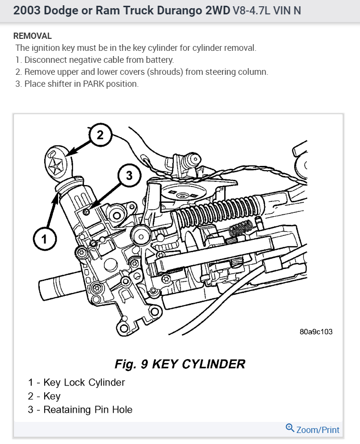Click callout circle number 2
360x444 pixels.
tap(100, 135)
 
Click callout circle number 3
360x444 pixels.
tap(129, 176)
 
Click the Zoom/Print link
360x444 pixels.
tap(318, 430)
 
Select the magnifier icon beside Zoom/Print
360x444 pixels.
tap(289, 428)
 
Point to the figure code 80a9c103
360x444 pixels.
tap(315, 332)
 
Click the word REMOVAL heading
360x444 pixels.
tap(33, 36)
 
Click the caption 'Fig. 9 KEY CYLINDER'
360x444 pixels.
tap(180, 364)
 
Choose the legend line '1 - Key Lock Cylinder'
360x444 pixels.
tap(76, 382)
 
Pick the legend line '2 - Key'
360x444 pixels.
tap(44, 396)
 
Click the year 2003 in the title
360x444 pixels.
tap(26, 10)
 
